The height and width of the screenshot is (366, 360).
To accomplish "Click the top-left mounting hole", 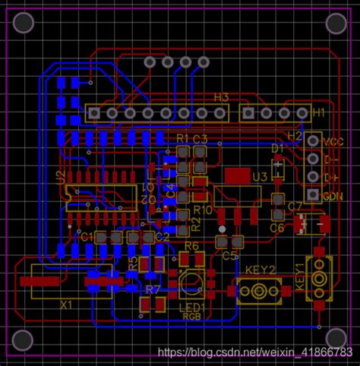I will pos(24,23).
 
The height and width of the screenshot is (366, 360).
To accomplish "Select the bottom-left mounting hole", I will pos(24,339).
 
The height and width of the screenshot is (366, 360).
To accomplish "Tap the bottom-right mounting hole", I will pos(335,337).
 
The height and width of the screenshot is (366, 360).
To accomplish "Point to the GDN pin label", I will pos(333,196).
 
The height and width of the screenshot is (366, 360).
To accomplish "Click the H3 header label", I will pos(221,97).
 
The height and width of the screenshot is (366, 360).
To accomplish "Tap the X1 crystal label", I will pos(67,304).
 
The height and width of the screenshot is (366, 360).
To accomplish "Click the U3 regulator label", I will pos(260,177).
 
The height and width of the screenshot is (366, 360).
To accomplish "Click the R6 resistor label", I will pos(192,246).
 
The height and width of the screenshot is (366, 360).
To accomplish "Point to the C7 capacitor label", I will pos(295,207).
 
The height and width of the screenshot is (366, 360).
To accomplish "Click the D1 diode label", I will pos(278,147).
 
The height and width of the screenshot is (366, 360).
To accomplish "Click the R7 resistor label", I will pos(153,290).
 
